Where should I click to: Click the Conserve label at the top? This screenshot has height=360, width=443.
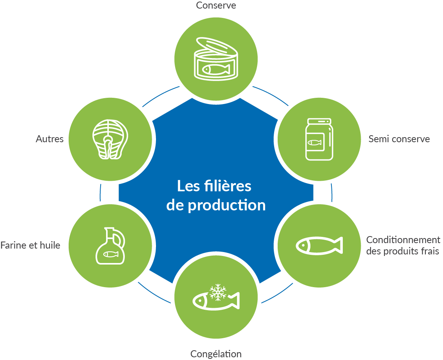pos(216,5)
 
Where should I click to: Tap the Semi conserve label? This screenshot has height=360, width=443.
pos(399,139)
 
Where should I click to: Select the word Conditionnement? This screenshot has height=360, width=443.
pos(403,240)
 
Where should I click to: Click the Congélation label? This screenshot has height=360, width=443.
pos(216,354)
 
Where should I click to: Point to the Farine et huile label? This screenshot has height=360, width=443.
pos(30,245)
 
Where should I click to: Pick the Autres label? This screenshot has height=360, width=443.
pos(50,139)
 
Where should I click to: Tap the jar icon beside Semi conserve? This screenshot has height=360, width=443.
pos(319,139)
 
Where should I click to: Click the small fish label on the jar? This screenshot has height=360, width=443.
pos(315,143)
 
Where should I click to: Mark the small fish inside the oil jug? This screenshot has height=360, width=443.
pos(110,254)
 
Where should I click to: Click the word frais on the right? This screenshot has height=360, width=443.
pos(430,251)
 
